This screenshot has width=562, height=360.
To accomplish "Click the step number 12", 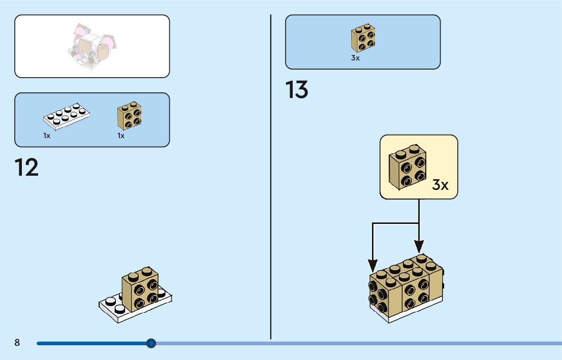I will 26,168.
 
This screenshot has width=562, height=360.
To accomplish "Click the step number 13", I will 297,90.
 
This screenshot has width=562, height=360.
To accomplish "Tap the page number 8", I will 17,343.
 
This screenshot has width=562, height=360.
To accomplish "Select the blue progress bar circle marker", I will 151,343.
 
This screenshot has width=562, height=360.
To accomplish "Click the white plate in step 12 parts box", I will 67,116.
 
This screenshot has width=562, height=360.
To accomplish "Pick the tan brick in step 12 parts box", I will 130,117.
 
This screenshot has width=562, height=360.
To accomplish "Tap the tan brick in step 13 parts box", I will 363,38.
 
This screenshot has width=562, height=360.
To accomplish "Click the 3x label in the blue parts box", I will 355,58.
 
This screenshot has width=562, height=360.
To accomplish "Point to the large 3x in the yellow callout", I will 440,185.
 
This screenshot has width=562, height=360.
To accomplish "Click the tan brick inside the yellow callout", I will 407,167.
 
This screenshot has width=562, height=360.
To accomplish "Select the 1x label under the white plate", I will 47,136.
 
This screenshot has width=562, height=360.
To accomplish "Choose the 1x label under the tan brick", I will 121,136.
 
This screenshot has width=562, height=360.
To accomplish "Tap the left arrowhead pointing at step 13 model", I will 372,265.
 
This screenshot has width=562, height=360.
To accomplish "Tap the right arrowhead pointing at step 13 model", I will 419,247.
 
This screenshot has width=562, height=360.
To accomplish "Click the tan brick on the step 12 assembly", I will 141,288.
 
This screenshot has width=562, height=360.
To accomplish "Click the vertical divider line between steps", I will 270,203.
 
